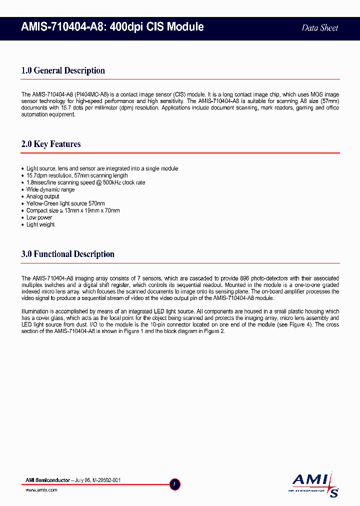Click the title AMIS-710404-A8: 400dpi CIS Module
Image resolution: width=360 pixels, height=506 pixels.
coord(112,27)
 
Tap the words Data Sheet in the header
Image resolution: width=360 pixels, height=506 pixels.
coord(319,28)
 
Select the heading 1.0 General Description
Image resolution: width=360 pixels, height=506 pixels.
coord(63,70)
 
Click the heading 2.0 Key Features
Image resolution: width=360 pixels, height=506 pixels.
coord(51,144)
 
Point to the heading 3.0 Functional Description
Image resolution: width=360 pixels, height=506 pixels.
coord(67,254)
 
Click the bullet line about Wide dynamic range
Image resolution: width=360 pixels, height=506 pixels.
coord(50,189)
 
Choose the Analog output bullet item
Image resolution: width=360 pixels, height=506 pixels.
coord(42,196)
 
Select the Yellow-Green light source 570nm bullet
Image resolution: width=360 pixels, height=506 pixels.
coord(65,203)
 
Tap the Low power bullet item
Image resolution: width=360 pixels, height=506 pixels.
coord(39,217)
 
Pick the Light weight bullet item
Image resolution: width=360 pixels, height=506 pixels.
coord(40,224)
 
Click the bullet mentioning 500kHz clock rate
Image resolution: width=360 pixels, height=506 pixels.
coord(85,182)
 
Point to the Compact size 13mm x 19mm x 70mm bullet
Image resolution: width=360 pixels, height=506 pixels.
coord(73,210)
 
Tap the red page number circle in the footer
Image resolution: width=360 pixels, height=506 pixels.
coord(175,484)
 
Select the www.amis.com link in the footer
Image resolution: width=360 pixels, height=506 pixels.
coord(41,490)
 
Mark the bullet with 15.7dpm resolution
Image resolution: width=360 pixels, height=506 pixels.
coord(77,175)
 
